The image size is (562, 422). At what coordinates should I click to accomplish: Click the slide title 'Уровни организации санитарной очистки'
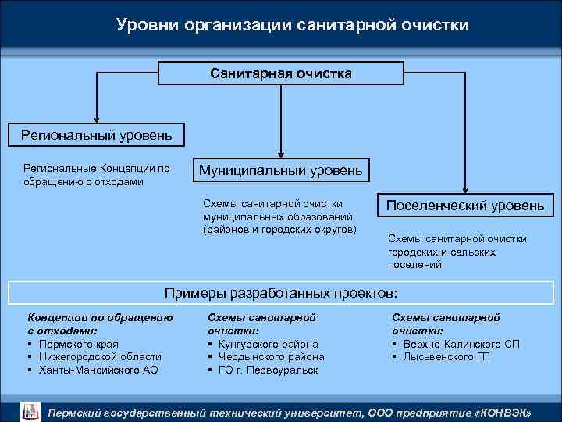(x=293, y=25)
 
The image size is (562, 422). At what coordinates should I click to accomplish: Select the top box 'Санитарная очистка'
(x=280, y=74)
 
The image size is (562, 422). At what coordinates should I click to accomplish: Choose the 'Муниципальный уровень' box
(x=280, y=170)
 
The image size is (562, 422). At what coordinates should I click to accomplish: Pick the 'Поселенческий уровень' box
(x=466, y=206)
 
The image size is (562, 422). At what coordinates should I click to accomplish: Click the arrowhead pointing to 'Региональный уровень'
(x=97, y=117)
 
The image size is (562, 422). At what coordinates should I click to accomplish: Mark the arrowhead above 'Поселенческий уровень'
(x=466, y=188)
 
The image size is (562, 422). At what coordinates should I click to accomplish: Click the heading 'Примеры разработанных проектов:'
(x=280, y=293)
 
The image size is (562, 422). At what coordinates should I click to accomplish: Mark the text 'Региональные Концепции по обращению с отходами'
(x=97, y=175)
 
